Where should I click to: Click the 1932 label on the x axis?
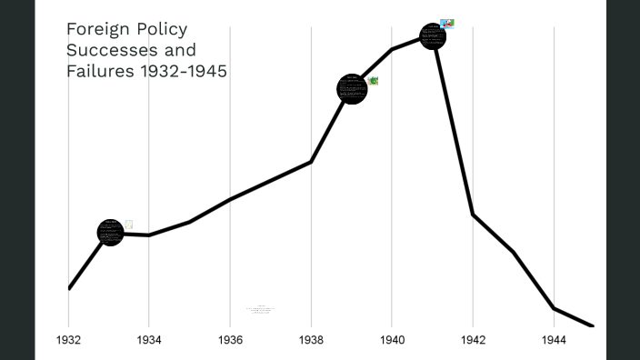coord(68,340)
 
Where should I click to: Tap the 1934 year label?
coord(149,340)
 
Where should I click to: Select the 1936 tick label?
coord(230,340)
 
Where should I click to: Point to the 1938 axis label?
coord(311,340)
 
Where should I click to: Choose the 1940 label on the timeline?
coord(392,340)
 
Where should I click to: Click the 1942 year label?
coord(473,340)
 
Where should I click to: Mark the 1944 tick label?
coord(554,340)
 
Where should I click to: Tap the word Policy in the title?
coord(162,29)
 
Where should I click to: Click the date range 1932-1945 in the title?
coord(182,71)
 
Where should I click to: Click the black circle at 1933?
coord(110,232)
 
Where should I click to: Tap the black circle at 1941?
coord(433,36)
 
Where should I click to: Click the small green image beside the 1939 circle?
coord(373,81)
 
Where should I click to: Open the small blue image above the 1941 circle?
coord(446,23)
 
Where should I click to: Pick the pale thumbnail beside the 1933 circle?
coord(128,224)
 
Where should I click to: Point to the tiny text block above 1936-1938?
coord(260,309)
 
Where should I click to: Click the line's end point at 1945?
coord(593,325)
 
